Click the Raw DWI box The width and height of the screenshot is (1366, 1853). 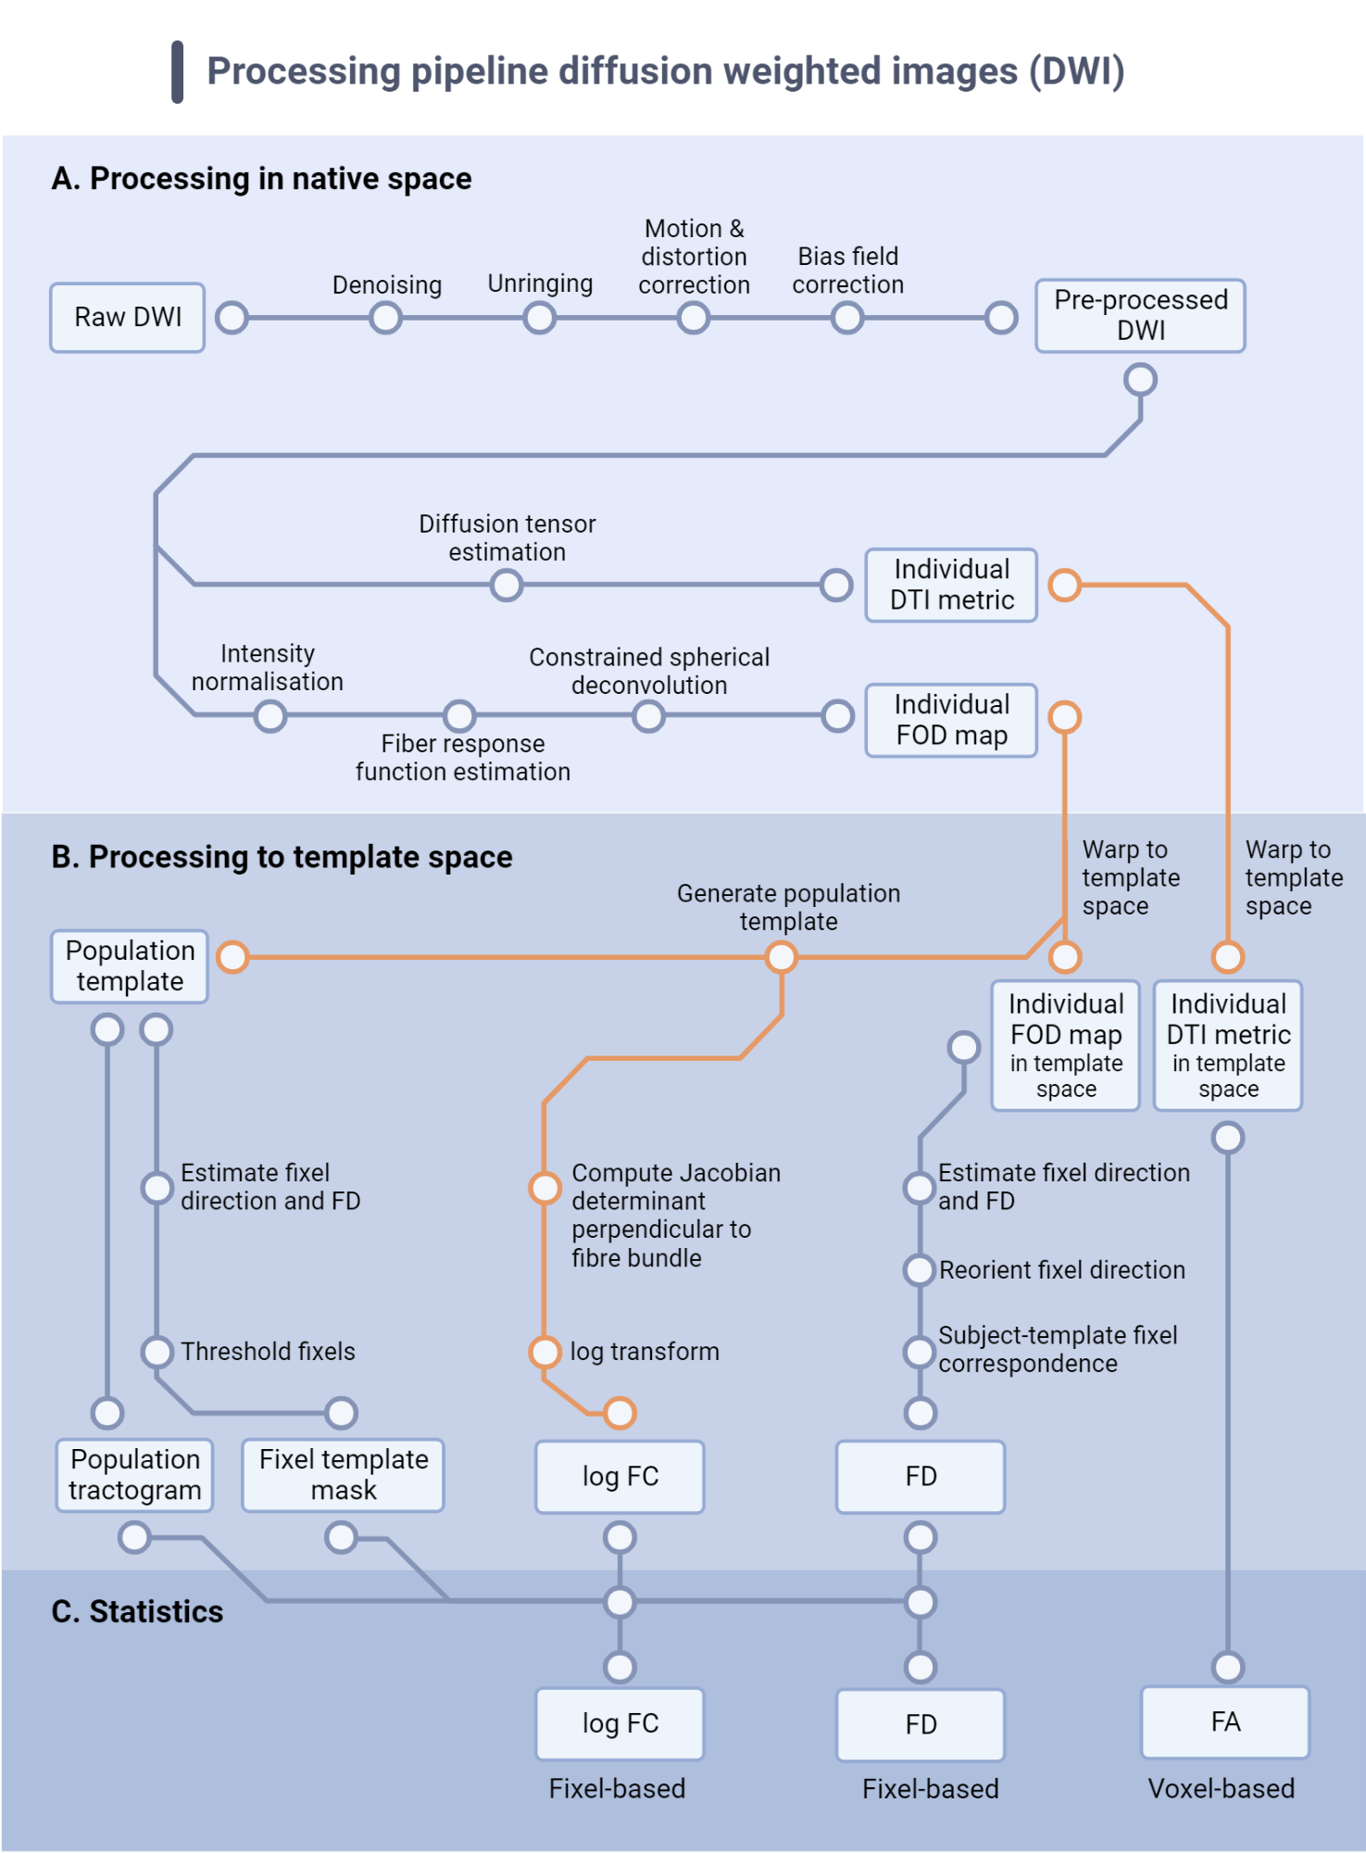[x=127, y=318]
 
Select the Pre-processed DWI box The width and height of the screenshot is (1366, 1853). [x=1140, y=316]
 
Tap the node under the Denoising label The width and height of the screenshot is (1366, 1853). [x=385, y=319]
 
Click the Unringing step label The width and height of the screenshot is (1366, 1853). [x=540, y=284]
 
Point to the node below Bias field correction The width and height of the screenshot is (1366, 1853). [x=846, y=319]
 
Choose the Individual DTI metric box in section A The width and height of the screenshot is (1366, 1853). [x=951, y=585]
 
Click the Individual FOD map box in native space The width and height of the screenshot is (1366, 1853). [x=951, y=720]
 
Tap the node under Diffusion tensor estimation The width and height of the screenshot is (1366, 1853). [x=507, y=586]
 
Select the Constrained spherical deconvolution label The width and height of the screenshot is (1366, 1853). [x=649, y=671]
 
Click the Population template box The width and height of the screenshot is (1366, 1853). [x=130, y=966]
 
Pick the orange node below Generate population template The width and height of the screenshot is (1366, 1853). [x=781, y=957]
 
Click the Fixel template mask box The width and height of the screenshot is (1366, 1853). [x=343, y=1475]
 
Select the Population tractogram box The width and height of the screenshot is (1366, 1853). [x=134, y=1475]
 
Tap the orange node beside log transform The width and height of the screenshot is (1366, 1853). [x=545, y=1352]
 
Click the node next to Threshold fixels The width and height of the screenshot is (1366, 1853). [x=157, y=1352]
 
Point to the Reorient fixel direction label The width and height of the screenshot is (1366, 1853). [x=1061, y=1270]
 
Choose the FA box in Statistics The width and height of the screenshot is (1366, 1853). [x=1225, y=1722]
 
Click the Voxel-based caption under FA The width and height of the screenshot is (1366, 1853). [x=1221, y=1789]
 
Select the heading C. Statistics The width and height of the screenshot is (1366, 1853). [x=137, y=1612]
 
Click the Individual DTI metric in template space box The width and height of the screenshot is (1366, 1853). [x=1227, y=1046]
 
